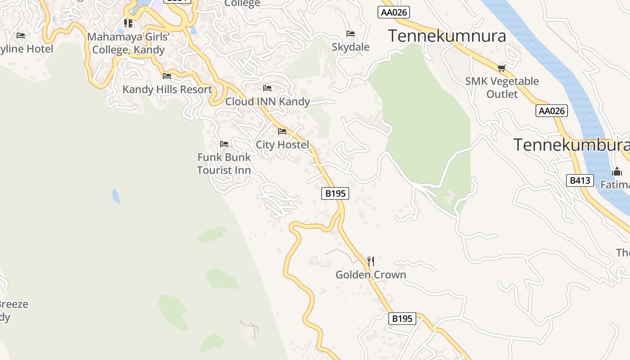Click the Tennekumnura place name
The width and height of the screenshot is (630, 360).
point(447,36)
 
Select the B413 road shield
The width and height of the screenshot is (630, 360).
point(580,180)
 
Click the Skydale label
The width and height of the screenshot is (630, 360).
point(351,47)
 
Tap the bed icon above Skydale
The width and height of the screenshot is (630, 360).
point(351,34)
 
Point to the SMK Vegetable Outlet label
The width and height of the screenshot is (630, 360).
point(502,88)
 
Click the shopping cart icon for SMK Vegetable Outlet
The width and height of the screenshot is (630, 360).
point(502,68)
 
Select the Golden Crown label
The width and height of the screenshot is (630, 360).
point(371,274)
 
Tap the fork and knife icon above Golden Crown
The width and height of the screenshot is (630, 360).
point(371,261)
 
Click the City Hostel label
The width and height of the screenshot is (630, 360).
point(282,144)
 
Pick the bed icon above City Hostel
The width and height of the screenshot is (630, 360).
point(282,131)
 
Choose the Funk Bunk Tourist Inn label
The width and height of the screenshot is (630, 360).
point(224,164)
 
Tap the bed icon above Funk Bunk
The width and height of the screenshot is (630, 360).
point(224,144)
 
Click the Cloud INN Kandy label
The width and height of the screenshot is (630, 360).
point(267,101)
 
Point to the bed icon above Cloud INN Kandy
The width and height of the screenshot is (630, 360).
point(267,88)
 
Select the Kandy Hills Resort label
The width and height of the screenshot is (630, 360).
point(167,89)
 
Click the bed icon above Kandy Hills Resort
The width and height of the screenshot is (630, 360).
point(167,76)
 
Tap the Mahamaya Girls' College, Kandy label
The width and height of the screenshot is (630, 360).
point(128,43)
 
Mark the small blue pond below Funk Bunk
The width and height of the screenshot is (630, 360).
point(116,196)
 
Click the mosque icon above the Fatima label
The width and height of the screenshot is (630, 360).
point(617,171)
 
